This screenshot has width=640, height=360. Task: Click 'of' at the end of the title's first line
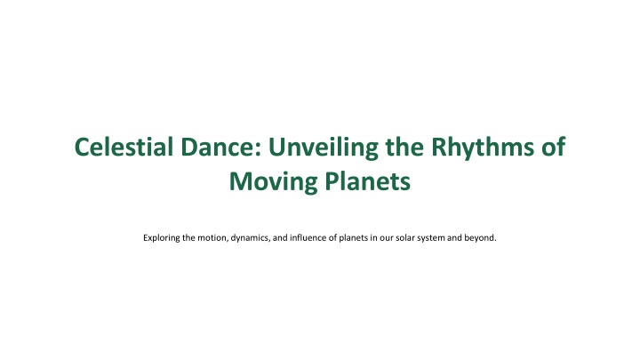pos(552,147)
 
